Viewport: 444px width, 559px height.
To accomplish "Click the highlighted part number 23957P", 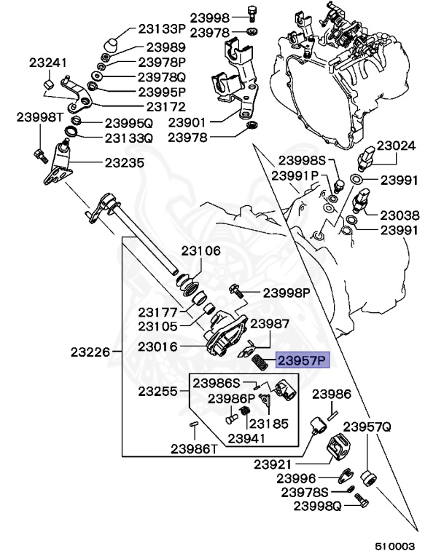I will click(x=303, y=360).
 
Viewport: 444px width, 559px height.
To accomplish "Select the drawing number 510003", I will click(x=395, y=545).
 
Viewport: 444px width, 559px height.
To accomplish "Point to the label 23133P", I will click(x=162, y=29).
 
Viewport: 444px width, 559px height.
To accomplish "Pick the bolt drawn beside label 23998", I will click(x=252, y=14).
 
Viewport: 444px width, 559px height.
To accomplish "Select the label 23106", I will click(x=200, y=251).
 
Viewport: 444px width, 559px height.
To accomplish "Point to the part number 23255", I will click(x=158, y=391).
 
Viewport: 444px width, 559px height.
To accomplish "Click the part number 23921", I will click(x=273, y=464).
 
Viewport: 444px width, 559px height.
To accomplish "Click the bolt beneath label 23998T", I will click(x=38, y=154).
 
